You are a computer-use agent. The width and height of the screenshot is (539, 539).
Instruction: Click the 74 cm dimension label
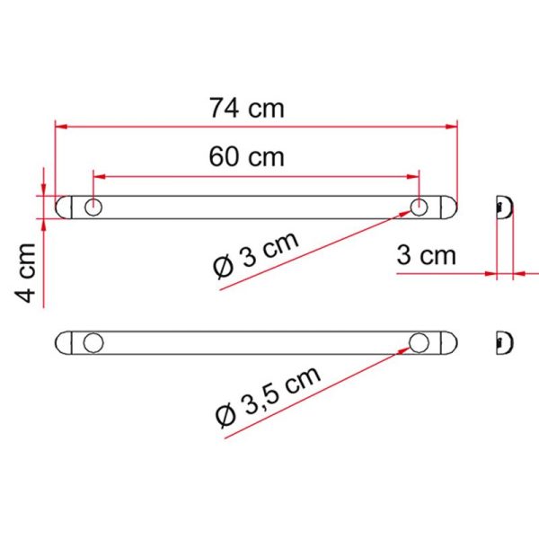(x=246, y=109)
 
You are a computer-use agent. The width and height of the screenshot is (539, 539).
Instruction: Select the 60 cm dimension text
(x=246, y=156)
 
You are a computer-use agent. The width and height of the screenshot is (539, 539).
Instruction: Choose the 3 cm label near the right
(x=427, y=255)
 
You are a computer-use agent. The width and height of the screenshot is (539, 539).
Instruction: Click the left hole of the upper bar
(x=93, y=208)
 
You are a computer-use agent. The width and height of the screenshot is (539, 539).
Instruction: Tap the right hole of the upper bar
(x=420, y=208)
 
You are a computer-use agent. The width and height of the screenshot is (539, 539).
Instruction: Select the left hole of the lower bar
(x=93, y=342)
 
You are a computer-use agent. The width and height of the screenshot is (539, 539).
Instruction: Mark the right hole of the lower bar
(x=420, y=342)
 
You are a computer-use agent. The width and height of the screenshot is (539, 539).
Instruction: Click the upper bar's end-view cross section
(x=505, y=208)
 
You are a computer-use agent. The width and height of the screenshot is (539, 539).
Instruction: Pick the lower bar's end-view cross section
(x=505, y=342)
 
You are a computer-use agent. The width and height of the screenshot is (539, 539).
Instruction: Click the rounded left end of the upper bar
(x=62, y=208)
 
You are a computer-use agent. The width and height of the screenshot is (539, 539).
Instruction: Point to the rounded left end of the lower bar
(x=62, y=342)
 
